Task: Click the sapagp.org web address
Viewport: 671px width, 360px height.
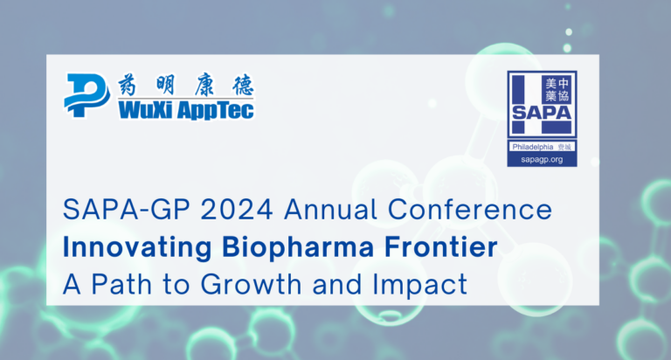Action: (x=542, y=161)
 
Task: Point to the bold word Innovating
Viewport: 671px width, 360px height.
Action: (x=131, y=246)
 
